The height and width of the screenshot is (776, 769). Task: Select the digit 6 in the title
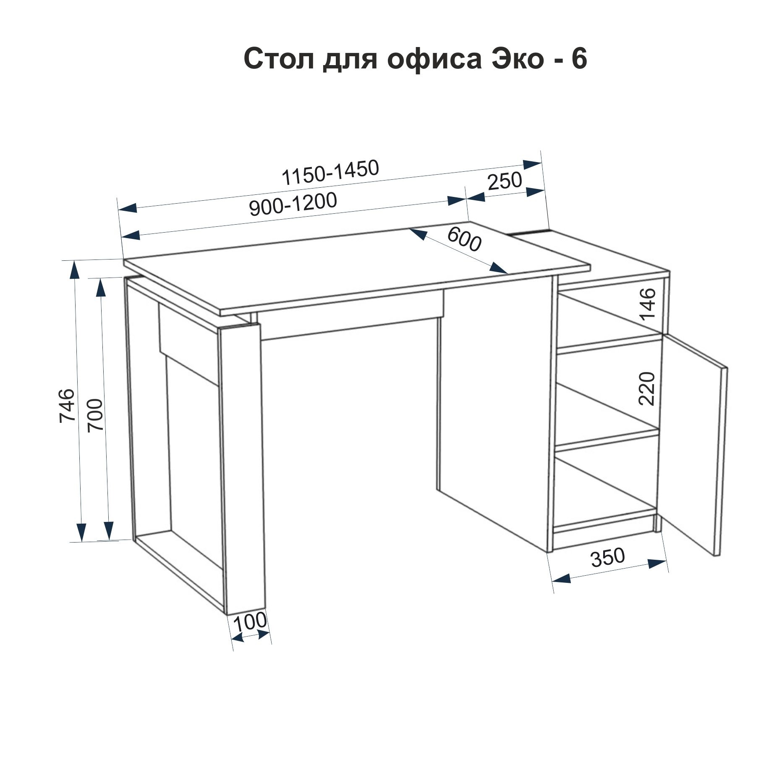coord(578,58)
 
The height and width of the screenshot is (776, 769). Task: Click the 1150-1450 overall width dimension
coord(331,173)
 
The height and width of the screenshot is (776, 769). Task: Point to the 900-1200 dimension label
coord(293,204)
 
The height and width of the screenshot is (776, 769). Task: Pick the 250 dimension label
coord(505,181)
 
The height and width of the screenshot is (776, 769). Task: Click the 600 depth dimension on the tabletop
coord(464,239)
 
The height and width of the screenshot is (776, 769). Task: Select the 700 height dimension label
coord(95,415)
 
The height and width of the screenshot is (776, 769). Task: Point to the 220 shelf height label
coord(647,388)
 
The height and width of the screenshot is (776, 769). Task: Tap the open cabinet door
coord(693,445)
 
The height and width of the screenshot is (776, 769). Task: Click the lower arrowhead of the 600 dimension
coord(500,268)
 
